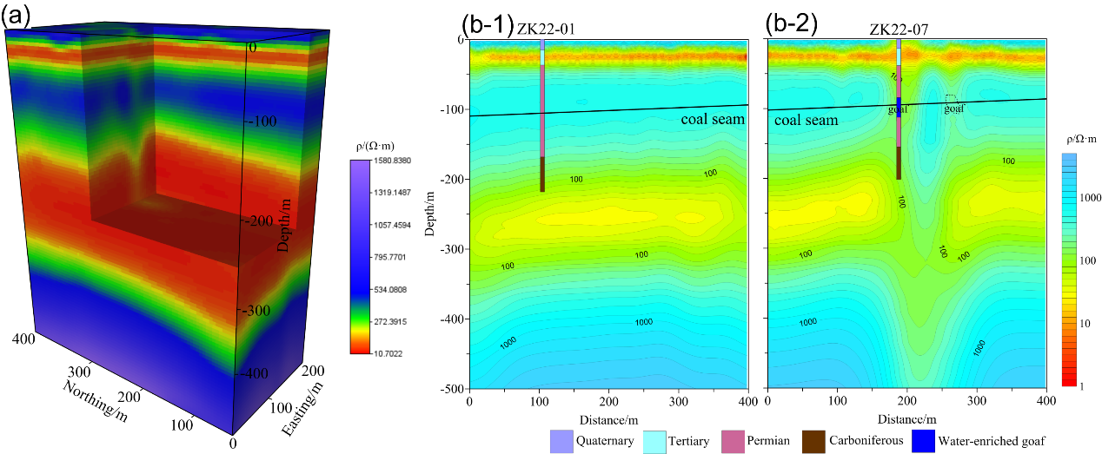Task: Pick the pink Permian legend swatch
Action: tap(729, 441)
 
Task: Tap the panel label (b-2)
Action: tap(791, 24)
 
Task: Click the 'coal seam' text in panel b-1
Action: tap(713, 119)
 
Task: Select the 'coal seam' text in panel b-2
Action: tap(807, 120)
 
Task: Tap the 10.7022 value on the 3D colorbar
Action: tap(371, 353)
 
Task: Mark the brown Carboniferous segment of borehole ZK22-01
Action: tap(542, 174)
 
